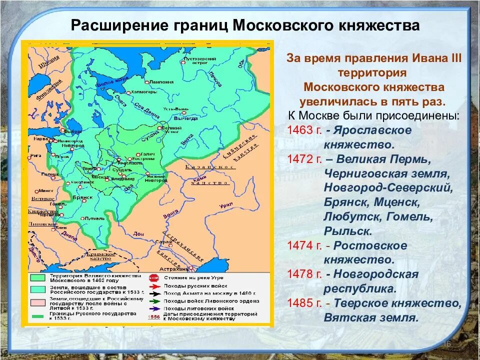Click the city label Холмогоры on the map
point(145,92)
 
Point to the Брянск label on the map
point(84,197)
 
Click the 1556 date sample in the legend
point(154,317)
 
